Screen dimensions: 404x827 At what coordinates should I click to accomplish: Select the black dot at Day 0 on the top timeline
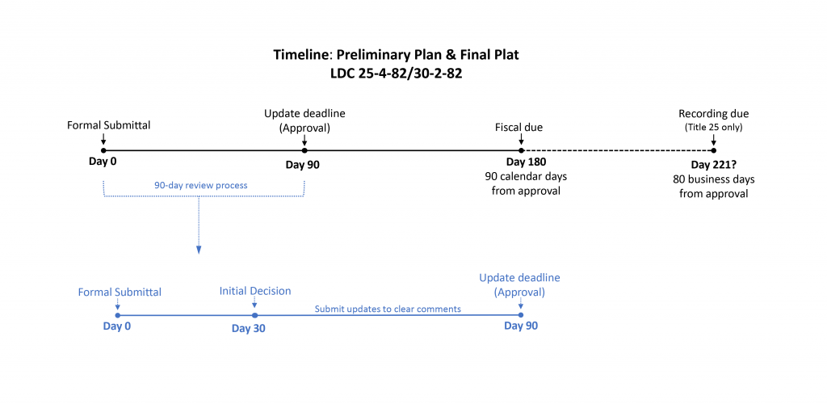click(103, 150)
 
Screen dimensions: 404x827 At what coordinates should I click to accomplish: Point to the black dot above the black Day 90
click(304, 150)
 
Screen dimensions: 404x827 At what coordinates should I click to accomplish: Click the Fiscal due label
click(518, 127)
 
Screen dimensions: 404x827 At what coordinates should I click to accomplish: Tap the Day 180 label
click(521, 162)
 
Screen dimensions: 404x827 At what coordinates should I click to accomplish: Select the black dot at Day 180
click(521, 150)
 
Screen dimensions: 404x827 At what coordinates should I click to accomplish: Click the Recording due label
click(714, 114)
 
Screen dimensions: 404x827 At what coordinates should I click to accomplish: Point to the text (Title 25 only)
click(714, 127)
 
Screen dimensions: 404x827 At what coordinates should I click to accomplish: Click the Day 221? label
click(713, 165)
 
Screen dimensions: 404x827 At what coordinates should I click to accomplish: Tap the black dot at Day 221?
click(713, 150)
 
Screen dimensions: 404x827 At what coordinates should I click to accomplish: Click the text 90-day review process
click(201, 185)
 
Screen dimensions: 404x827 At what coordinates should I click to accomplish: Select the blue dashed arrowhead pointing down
click(199, 250)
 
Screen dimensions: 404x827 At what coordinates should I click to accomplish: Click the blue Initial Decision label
click(255, 291)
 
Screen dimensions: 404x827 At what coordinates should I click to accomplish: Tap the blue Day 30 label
click(248, 328)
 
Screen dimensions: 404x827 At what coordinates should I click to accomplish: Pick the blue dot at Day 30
click(254, 315)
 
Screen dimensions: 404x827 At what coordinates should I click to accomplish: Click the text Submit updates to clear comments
click(388, 309)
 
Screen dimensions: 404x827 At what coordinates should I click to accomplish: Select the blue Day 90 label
click(521, 326)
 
